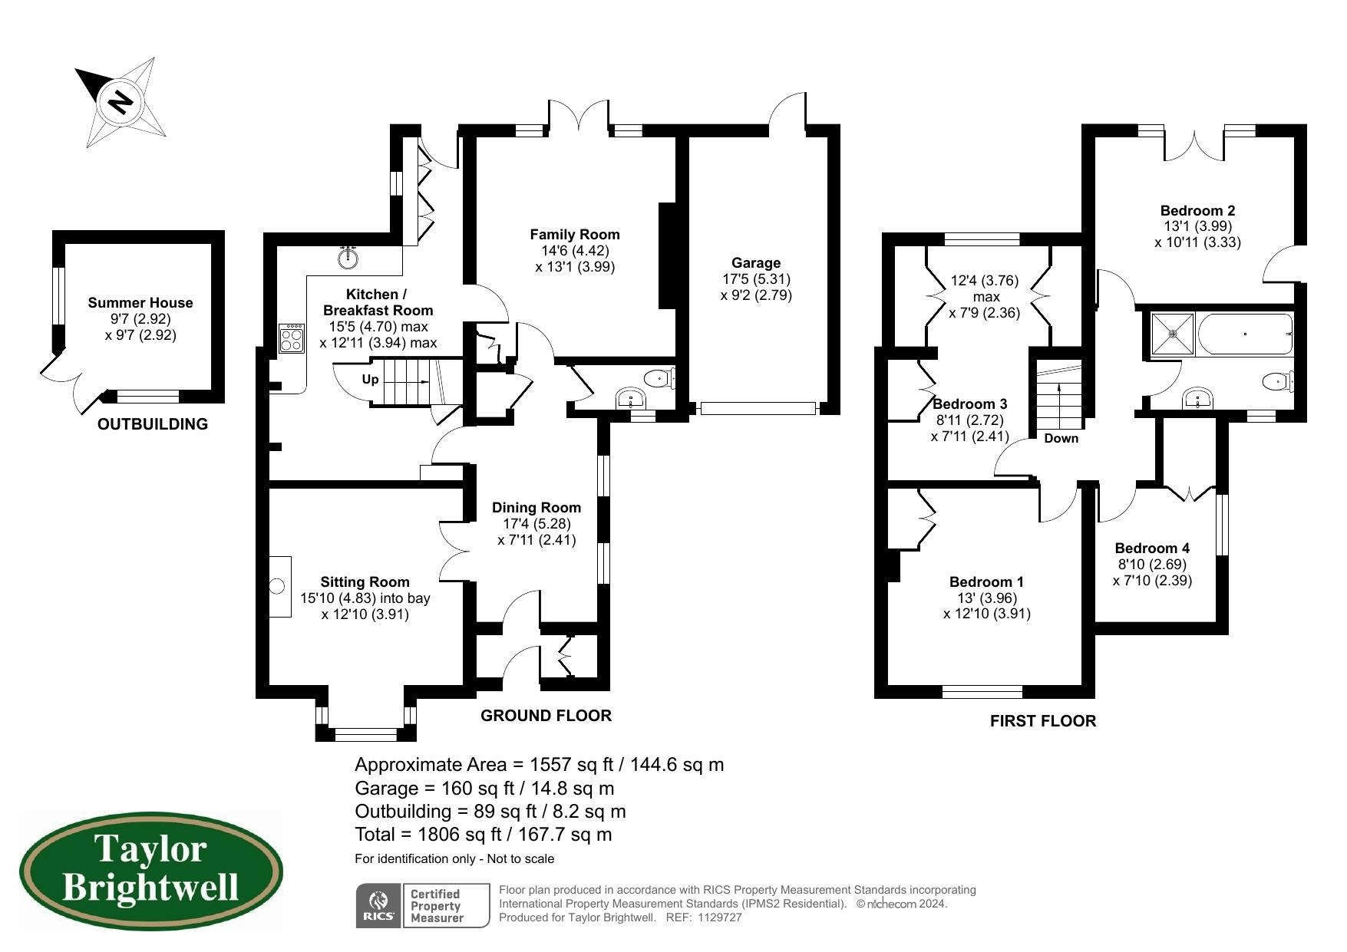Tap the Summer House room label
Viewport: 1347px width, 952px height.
coord(140,303)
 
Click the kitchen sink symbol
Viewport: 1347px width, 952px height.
coord(349,257)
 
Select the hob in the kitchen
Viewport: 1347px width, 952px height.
coord(292,338)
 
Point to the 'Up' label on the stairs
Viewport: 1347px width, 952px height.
coord(370,379)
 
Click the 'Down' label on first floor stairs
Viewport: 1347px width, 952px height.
coord(1061,438)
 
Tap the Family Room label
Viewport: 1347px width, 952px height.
coord(574,235)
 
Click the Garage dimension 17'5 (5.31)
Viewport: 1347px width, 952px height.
coord(755,279)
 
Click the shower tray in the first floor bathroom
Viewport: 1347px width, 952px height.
coord(1172,334)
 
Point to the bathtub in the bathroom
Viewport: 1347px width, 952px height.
coord(1243,334)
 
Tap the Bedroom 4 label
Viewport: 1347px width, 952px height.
coord(1151,548)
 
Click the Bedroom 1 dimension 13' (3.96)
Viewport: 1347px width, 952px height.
coord(986,598)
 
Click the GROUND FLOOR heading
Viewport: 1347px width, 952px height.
coord(546,716)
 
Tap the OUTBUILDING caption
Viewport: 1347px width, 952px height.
coord(152,424)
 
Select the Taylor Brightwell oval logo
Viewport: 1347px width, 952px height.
coord(150,872)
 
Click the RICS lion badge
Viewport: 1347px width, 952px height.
coord(378,905)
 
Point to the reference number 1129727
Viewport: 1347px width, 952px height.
coord(720,917)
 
